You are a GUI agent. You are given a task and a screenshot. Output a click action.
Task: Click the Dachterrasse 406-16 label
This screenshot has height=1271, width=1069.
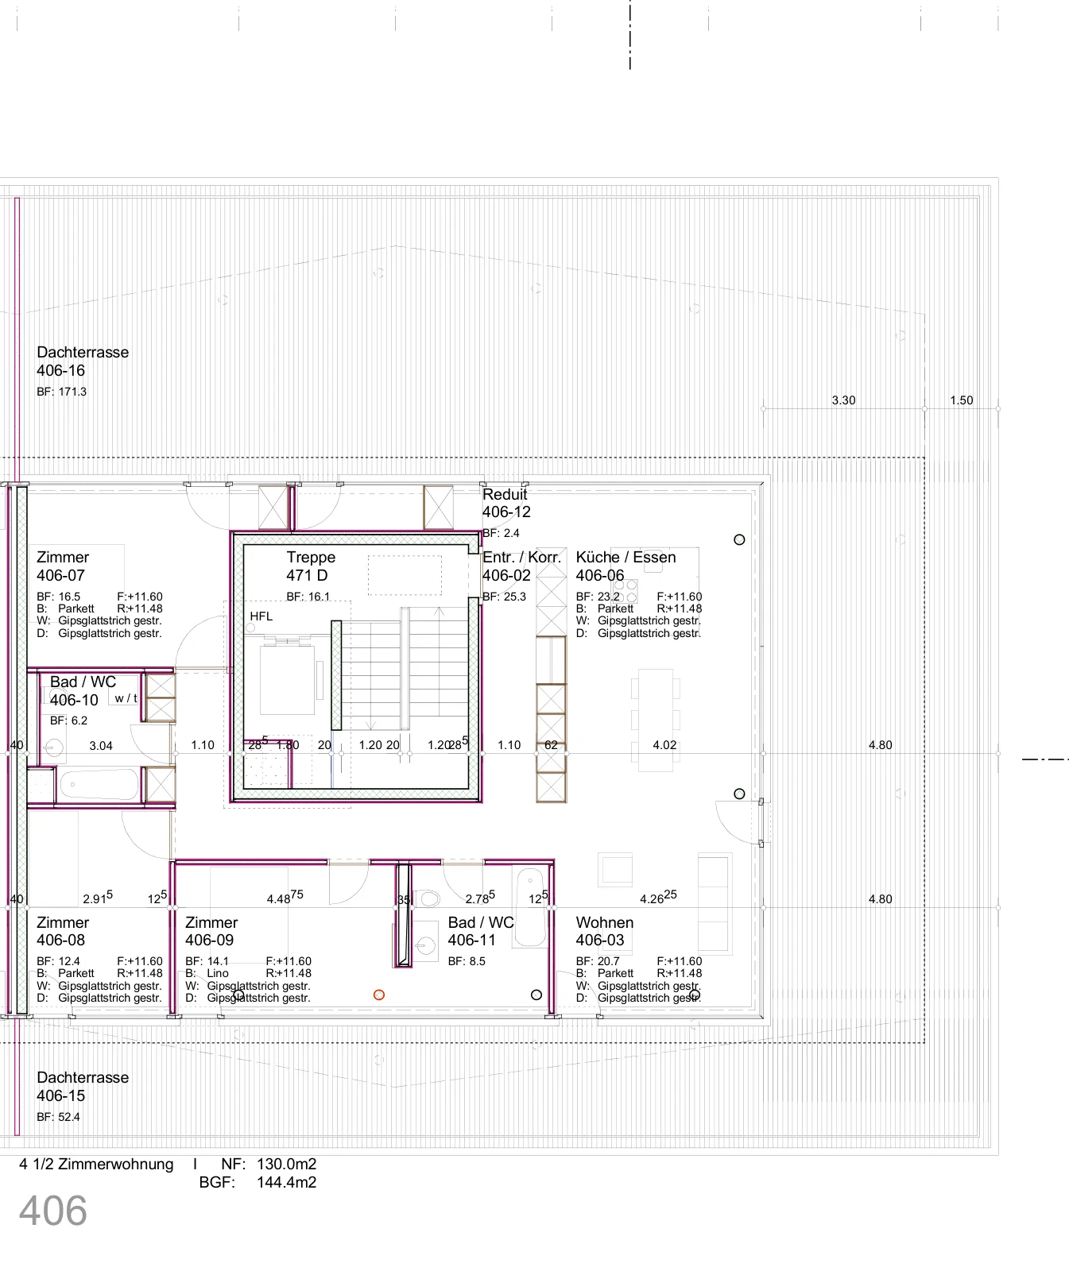tap(83, 361)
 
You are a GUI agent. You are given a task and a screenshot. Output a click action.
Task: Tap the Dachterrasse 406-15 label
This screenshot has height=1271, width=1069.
tap(83, 1087)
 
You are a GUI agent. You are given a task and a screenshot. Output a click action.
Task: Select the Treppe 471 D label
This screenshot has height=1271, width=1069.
tap(311, 566)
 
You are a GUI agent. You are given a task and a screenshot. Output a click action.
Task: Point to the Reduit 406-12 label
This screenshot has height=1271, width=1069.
tap(506, 503)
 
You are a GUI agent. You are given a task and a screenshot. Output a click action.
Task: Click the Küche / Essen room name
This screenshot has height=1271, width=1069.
tap(626, 557)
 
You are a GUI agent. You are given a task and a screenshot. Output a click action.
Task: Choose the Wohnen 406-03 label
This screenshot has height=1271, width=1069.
tap(605, 931)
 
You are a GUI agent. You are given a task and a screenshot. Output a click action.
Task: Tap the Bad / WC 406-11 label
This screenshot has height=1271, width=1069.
tap(481, 931)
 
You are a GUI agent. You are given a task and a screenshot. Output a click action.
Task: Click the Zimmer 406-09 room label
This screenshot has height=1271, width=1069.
tap(211, 931)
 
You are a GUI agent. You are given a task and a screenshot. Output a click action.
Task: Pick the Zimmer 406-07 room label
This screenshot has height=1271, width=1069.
tap(63, 566)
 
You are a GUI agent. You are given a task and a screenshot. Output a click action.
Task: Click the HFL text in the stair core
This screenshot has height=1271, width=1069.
tap(261, 616)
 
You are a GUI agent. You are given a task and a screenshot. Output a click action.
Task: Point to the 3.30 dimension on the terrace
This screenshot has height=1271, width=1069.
tap(843, 400)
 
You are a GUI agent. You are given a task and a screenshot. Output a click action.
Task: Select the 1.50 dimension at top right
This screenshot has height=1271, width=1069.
tap(961, 400)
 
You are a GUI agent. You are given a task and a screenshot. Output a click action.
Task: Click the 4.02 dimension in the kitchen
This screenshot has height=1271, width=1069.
tap(664, 745)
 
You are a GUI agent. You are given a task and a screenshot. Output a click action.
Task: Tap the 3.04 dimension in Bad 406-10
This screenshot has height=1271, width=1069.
tap(101, 746)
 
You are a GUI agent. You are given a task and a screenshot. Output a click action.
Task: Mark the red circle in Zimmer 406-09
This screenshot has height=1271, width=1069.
tap(379, 995)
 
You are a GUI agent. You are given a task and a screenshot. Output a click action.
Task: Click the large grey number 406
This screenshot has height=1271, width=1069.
tap(53, 1211)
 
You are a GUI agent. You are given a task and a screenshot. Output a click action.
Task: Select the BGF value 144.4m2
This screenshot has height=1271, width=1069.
tap(286, 1182)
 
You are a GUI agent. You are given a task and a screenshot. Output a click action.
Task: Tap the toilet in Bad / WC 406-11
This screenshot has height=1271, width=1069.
tap(429, 899)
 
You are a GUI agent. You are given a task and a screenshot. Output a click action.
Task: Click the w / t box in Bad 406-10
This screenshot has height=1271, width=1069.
tap(126, 698)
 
